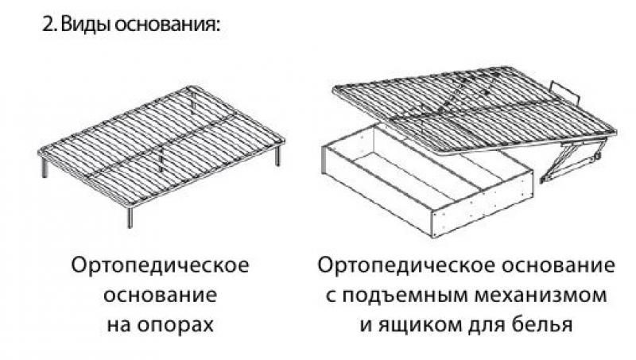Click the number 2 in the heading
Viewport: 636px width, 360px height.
(x=46, y=25)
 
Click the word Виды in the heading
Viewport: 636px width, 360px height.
(x=83, y=25)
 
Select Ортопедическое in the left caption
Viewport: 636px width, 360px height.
(x=161, y=265)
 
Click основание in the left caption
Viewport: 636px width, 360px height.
(x=161, y=295)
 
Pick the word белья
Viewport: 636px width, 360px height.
(x=543, y=325)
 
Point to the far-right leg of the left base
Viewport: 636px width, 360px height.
(x=278, y=155)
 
